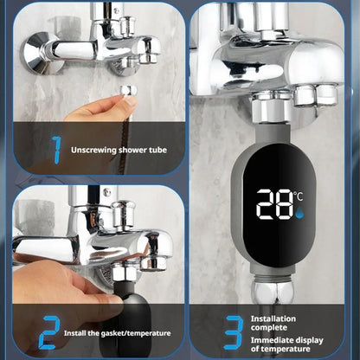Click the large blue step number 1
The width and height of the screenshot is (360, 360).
[55, 150]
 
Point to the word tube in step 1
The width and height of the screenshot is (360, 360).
[157, 150]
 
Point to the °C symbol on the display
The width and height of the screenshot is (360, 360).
[299, 196]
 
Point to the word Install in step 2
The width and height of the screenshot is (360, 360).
[82, 332]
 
